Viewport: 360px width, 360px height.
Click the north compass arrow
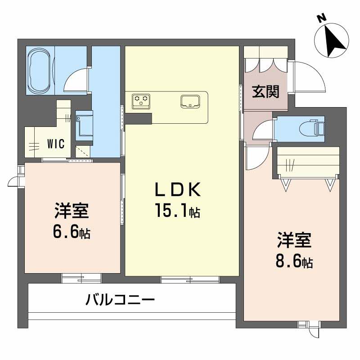334,39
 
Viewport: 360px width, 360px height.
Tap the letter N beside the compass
321,18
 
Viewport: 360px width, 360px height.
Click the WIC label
56,144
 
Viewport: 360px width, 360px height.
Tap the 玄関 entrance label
265,91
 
